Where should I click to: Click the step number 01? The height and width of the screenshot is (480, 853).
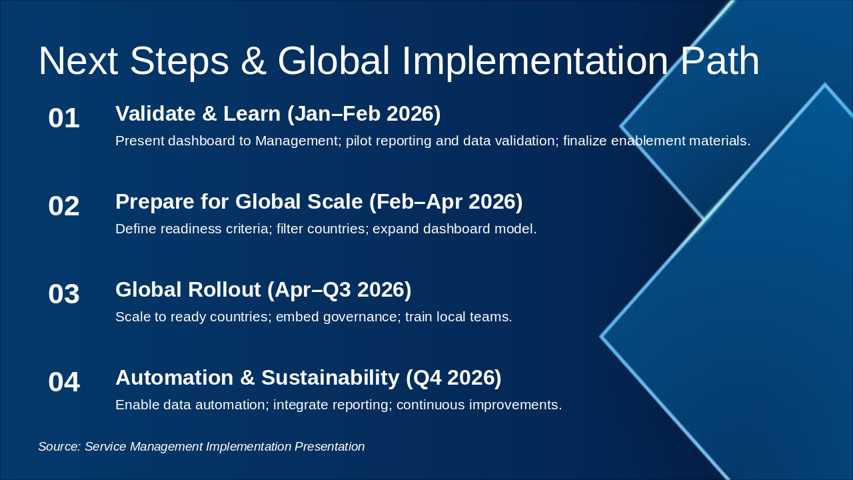[64, 118]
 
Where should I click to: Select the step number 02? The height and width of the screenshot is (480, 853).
[64, 206]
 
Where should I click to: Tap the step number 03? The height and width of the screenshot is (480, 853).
[64, 294]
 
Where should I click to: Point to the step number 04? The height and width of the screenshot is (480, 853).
[64, 382]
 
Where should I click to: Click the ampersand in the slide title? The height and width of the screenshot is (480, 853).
[253, 61]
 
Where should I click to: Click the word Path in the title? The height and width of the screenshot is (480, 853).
[720, 61]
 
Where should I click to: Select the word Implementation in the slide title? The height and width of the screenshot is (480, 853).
[535, 63]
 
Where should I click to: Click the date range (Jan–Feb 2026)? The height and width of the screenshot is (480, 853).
[364, 114]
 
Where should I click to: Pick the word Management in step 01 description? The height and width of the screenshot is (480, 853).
[297, 141]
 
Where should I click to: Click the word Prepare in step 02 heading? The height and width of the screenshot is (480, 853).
[155, 202]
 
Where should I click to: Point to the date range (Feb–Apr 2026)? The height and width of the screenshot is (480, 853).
[446, 202]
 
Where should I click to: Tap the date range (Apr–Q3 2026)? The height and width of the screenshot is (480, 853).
[339, 290]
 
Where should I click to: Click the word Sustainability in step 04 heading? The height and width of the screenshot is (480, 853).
[330, 378]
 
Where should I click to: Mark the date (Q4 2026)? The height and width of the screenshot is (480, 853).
[454, 378]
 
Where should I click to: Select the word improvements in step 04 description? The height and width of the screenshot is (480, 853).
[516, 405]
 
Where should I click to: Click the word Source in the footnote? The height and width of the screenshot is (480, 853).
[59, 447]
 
